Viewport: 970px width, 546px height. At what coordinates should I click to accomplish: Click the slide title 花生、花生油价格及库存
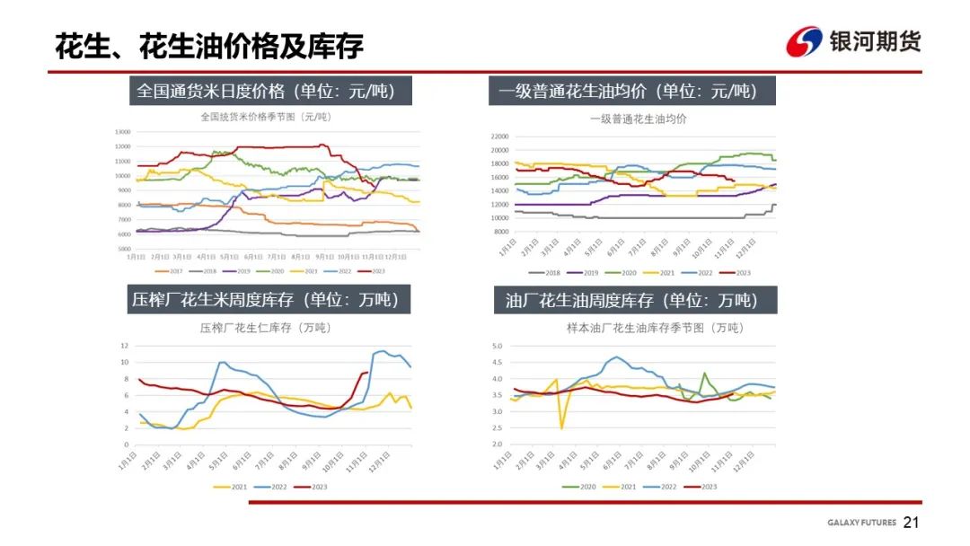pos(209,46)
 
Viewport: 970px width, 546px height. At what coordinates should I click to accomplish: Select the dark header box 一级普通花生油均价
pos(631,91)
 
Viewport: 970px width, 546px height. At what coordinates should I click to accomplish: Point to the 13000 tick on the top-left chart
pos(123,132)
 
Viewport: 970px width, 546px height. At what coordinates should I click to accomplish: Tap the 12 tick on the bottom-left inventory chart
pos(125,346)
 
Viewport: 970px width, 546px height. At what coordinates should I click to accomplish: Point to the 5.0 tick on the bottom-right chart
pos(494,346)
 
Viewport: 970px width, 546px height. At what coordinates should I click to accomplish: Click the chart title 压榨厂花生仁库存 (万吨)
pos(265,328)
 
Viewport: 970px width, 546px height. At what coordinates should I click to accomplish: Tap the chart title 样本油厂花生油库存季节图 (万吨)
pos(655,328)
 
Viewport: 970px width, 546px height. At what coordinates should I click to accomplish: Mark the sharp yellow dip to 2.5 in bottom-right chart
pos(562,427)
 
